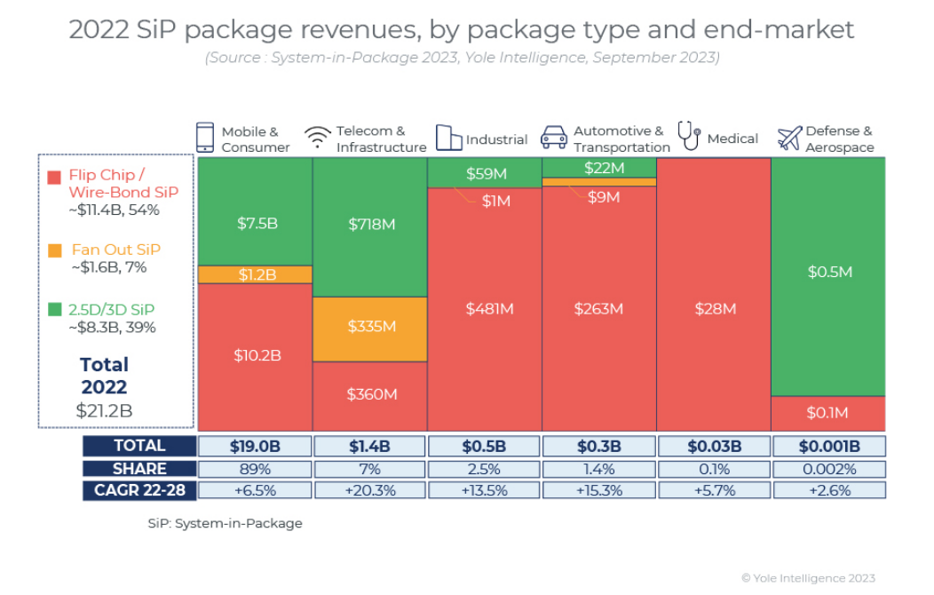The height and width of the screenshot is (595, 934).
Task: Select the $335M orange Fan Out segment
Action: (x=370, y=328)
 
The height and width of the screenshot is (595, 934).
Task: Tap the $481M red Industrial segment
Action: (x=485, y=309)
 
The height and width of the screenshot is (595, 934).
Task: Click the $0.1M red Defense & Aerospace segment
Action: (x=827, y=413)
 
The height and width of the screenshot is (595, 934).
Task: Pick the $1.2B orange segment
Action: (x=256, y=274)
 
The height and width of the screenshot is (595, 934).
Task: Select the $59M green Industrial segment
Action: (x=485, y=173)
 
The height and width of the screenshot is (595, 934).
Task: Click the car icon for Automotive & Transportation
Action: (x=554, y=138)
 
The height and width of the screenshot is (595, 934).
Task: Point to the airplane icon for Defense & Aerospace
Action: (x=789, y=139)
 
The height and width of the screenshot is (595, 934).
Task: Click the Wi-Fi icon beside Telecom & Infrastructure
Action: (x=318, y=139)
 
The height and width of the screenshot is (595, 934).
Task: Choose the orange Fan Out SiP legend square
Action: (x=55, y=250)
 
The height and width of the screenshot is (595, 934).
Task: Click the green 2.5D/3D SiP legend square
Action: (x=55, y=310)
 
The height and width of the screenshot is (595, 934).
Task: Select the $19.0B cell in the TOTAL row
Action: (x=256, y=446)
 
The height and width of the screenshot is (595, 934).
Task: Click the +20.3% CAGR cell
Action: (x=370, y=490)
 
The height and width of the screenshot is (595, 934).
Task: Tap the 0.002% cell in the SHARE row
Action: (x=827, y=468)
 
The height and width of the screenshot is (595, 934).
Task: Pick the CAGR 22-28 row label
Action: (x=139, y=490)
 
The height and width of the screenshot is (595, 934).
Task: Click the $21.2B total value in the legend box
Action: (x=105, y=410)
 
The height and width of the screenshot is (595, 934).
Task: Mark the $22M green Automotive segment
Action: (x=599, y=168)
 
